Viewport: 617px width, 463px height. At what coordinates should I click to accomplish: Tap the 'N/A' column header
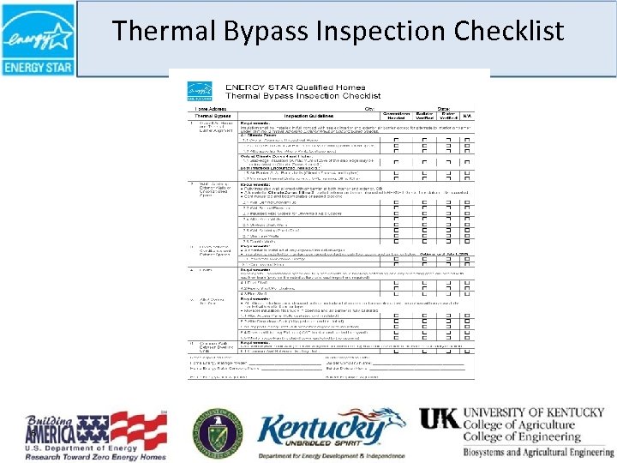click(467, 116)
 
